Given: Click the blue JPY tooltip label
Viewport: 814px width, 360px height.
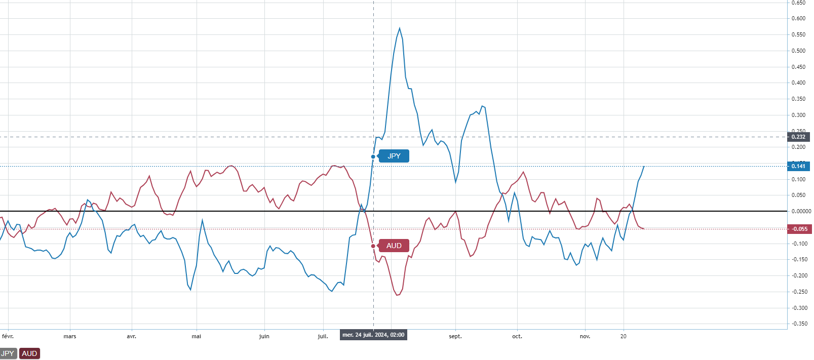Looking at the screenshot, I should click(394, 156).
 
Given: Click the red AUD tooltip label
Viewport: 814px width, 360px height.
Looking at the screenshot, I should click(394, 246).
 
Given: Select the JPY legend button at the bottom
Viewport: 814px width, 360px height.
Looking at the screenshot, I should click(8, 353).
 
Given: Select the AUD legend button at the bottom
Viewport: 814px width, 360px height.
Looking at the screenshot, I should click(29, 353).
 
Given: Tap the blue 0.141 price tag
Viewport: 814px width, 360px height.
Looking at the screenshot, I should click(799, 166).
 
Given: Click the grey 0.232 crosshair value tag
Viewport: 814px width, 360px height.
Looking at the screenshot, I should click(799, 137).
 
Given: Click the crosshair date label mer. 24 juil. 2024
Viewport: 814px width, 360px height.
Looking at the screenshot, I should click(373, 335).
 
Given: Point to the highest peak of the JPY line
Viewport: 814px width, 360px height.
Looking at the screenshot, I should click(400, 28).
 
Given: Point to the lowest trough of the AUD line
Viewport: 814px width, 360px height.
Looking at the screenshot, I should click(397, 295).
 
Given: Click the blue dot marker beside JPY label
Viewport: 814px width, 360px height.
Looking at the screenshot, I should click(373, 156).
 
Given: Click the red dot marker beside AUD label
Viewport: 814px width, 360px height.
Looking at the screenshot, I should click(373, 246).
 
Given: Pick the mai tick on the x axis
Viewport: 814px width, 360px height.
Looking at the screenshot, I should click(197, 336).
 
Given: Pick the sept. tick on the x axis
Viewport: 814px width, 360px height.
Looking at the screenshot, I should click(455, 336).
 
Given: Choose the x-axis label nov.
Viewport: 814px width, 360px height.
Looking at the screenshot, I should click(585, 336).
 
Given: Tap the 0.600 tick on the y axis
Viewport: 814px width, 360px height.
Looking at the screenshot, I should click(798, 18).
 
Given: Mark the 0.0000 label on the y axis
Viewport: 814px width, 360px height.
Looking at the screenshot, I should click(801, 211).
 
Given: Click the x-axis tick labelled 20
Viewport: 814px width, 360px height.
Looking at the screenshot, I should click(624, 336).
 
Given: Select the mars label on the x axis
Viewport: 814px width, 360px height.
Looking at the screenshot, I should click(70, 336).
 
